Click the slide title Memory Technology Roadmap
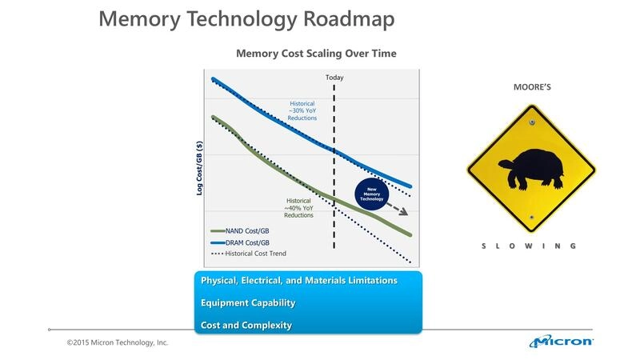tap(246, 20)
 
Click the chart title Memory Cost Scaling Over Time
tap(316, 54)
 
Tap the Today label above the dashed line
tap(334, 77)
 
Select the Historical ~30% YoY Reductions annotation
tap(302, 110)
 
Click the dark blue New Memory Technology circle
tap(371, 194)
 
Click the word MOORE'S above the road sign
tap(531, 86)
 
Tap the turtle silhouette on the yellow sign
tap(529, 169)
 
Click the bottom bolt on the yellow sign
tap(531, 217)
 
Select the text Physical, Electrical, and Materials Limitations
tap(298, 281)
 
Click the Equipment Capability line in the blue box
tap(248, 303)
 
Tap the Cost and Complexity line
tap(246, 326)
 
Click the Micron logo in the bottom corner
tap(561, 342)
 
